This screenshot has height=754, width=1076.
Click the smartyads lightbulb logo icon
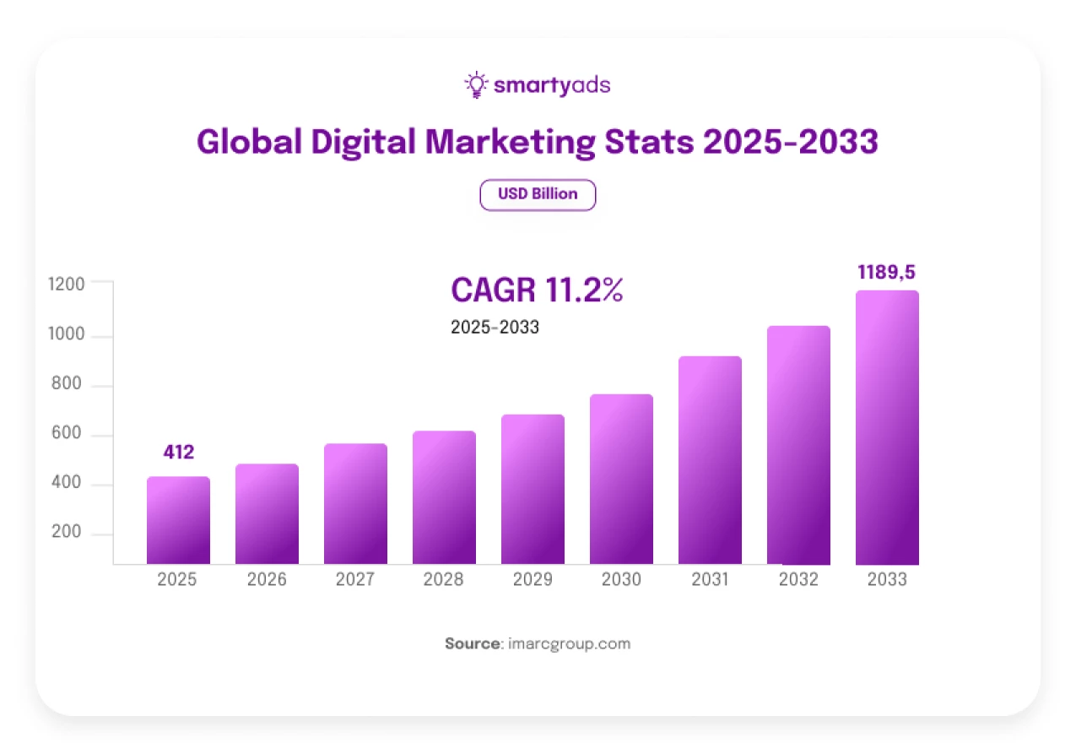tap(477, 85)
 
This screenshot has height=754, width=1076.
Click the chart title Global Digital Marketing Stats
tap(538, 142)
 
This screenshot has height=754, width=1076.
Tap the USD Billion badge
tap(538, 194)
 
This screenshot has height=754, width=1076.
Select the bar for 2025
tap(178, 521)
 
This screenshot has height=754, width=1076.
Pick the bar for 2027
tap(355, 504)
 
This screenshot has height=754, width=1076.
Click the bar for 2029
tap(533, 490)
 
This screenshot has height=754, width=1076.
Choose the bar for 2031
tap(710, 460)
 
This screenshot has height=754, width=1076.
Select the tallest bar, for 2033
tap(887, 427)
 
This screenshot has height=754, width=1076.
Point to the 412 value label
tap(178, 453)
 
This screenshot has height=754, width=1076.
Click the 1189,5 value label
tap(886, 272)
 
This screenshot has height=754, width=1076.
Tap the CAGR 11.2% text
tap(537, 290)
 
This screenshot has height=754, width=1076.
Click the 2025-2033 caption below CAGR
tap(495, 328)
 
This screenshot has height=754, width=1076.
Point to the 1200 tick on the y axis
tap(68, 285)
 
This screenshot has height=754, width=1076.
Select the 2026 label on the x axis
tap(267, 580)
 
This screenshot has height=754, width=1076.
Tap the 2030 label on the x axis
tap(621, 580)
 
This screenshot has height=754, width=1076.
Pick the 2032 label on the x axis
tap(798, 580)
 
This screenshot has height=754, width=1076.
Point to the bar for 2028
tap(444, 498)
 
